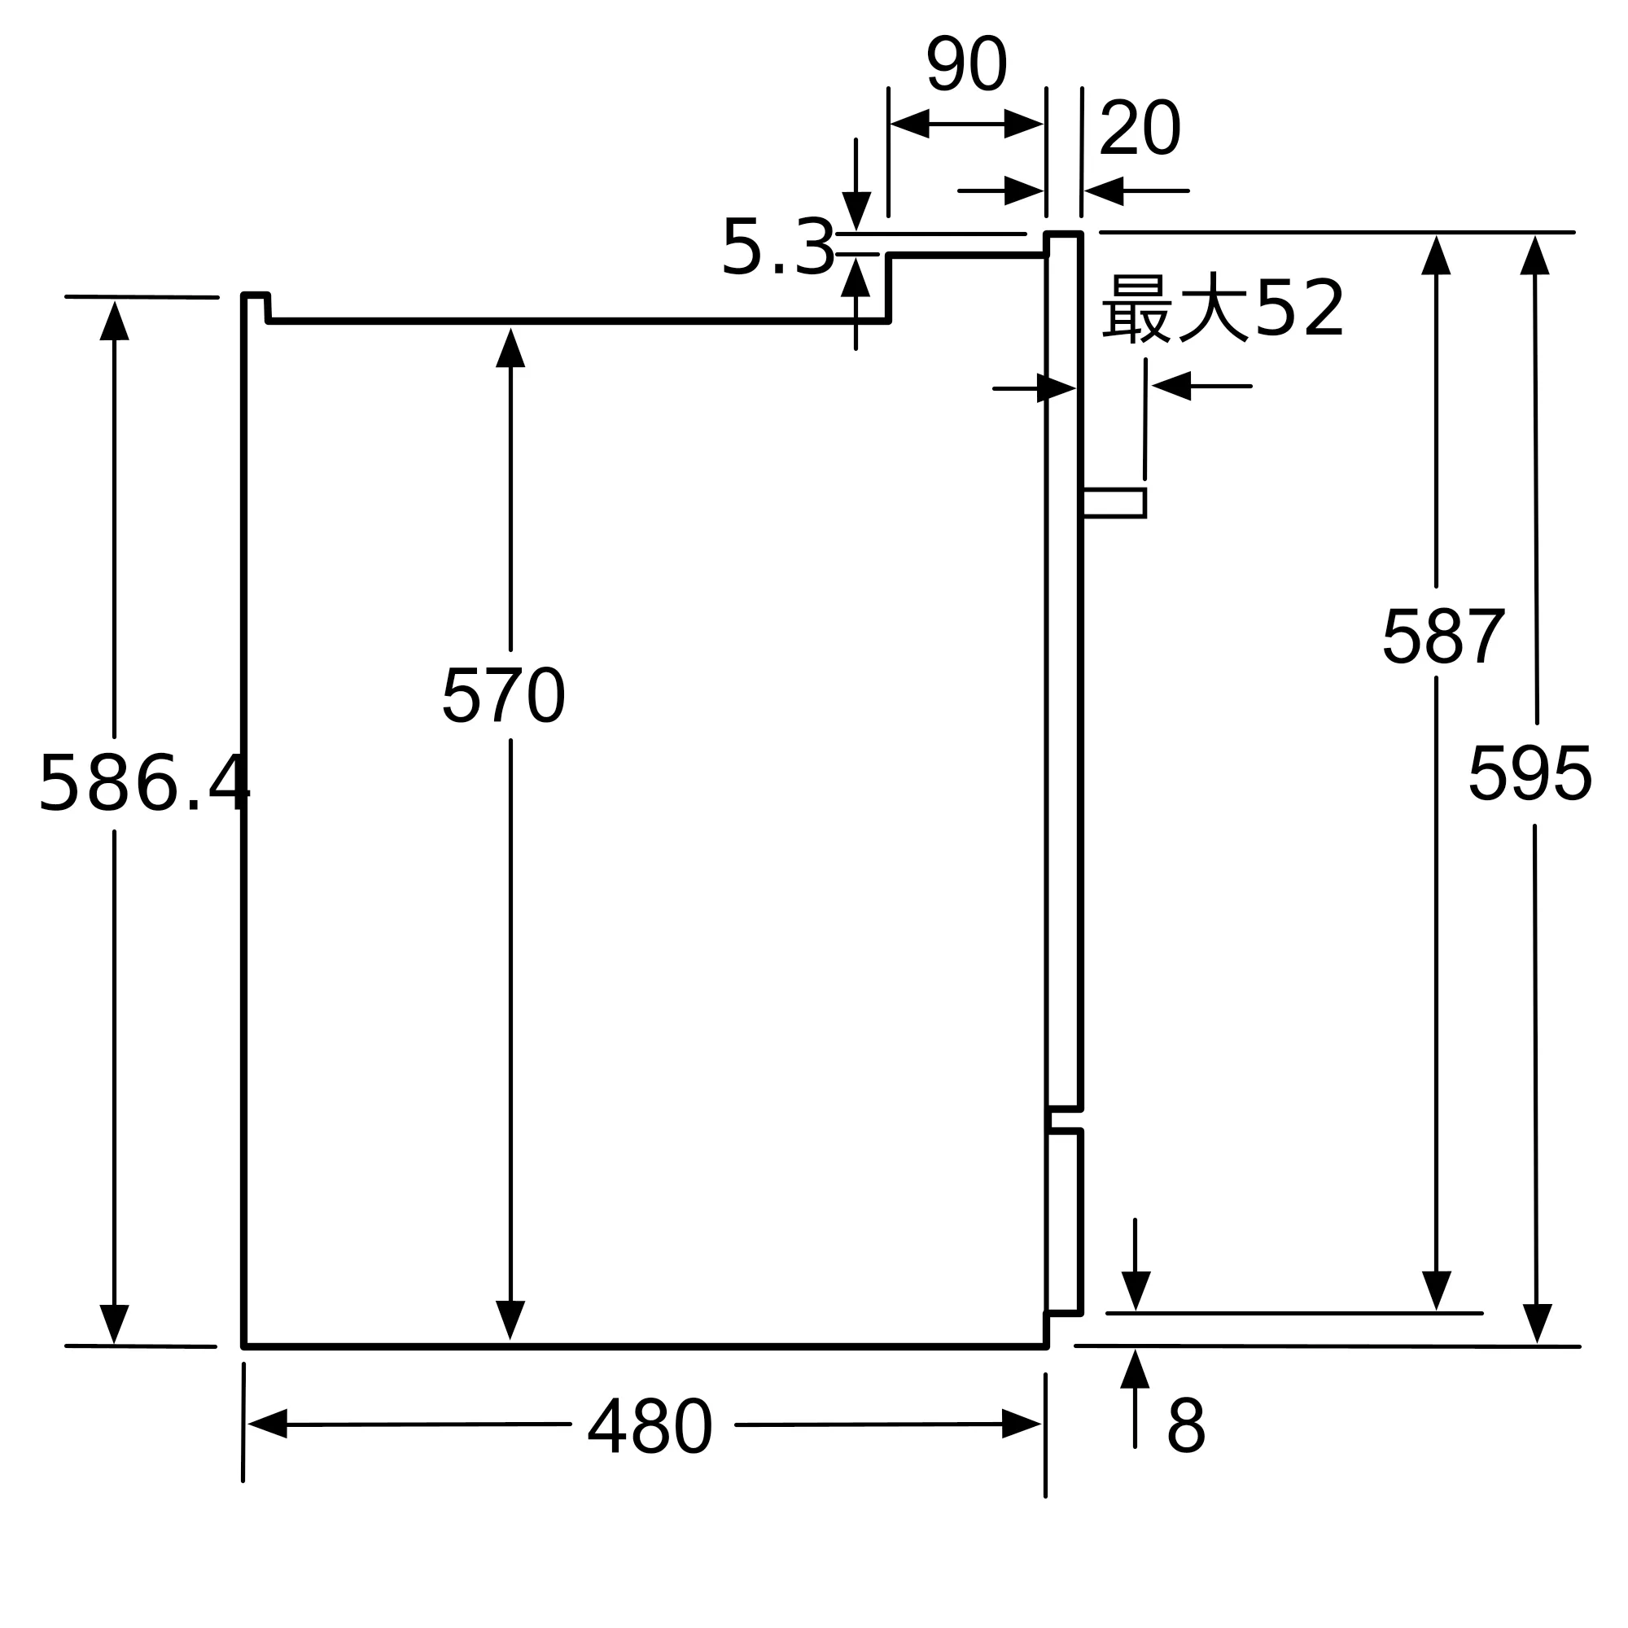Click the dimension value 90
click(x=967, y=64)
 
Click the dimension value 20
click(x=1140, y=128)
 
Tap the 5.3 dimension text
click(x=777, y=247)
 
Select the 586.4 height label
click(x=144, y=785)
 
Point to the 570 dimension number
click(x=503, y=695)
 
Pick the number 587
click(x=1443, y=637)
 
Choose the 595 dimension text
click(x=1530, y=773)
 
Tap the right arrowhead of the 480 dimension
click(x=1022, y=1424)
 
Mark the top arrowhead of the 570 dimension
click(x=510, y=348)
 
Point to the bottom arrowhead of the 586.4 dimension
click(x=115, y=1324)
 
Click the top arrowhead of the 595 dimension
click(x=1535, y=256)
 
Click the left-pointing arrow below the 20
click(x=1105, y=191)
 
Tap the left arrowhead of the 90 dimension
click(x=910, y=124)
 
